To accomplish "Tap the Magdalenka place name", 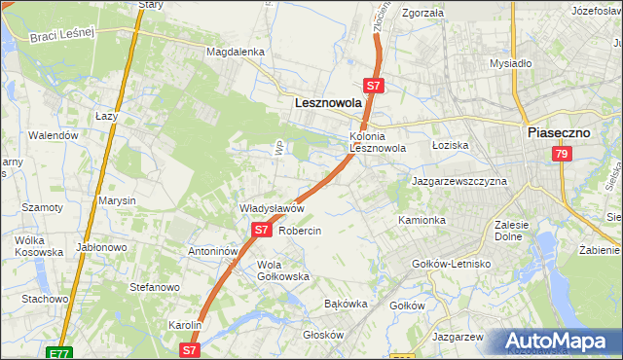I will [236, 52].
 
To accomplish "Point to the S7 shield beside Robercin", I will [261, 230].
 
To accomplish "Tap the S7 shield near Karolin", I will [190, 347].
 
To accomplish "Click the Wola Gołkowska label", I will [282, 270].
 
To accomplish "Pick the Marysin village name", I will [116, 200].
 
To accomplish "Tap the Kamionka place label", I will [421, 221].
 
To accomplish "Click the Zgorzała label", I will [422, 14].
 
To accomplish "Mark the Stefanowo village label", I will [155, 287].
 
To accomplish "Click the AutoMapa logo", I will [561, 341].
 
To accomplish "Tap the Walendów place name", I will [53, 135].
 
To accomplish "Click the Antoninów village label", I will [213, 250].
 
